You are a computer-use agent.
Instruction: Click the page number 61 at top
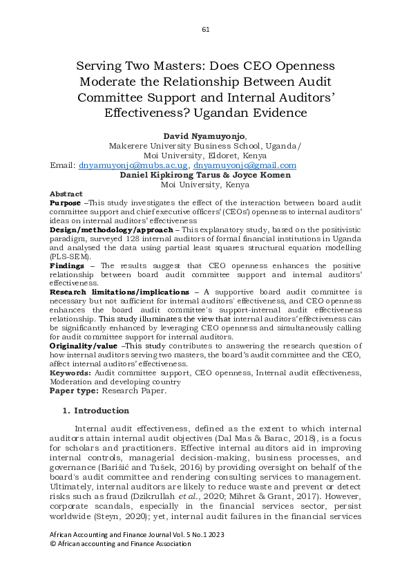click(205, 30)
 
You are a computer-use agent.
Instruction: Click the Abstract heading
click(66, 194)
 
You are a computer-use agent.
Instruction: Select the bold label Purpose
click(66, 204)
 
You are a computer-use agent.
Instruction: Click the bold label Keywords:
click(71, 372)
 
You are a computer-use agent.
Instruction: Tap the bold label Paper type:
click(74, 391)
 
